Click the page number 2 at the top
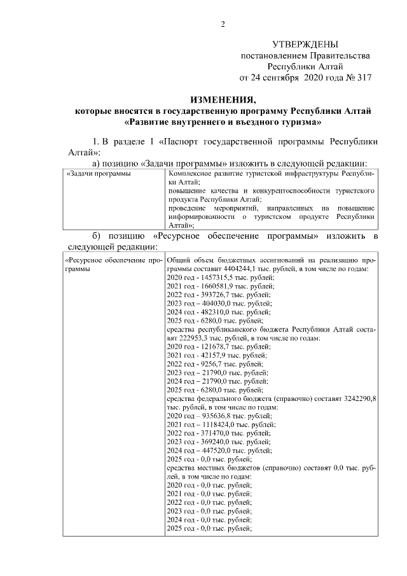click(223, 25)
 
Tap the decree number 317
click(360, 78)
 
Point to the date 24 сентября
click(278, 78)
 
